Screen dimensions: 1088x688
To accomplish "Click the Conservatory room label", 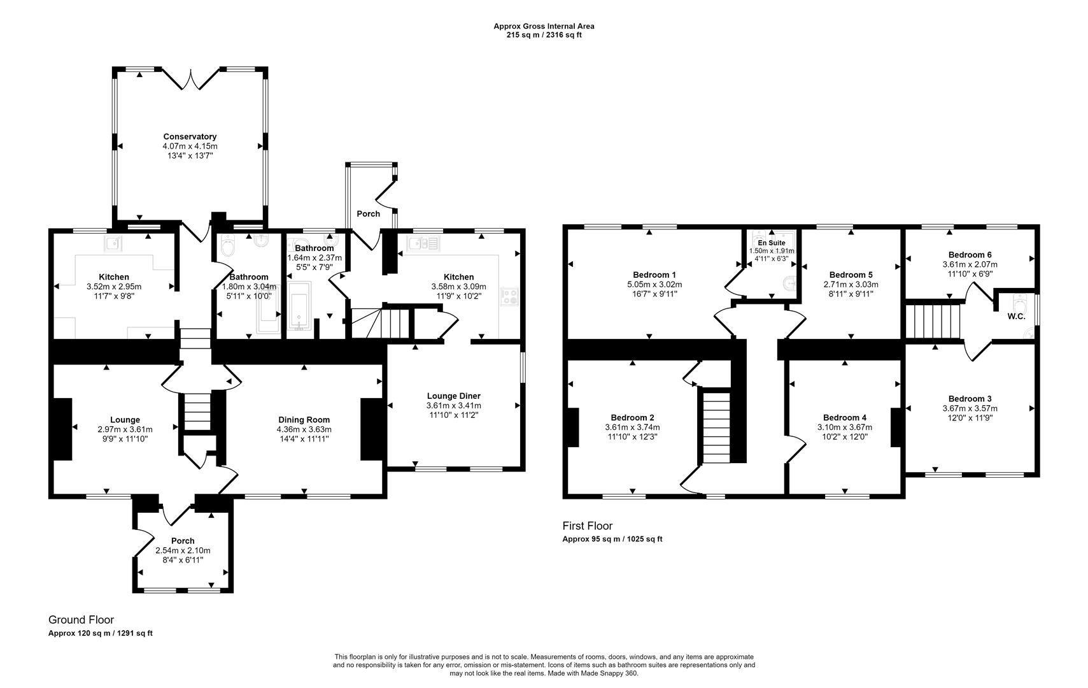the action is click(x=190, y=136).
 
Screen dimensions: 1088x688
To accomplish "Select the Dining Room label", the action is click(x=304, y=420).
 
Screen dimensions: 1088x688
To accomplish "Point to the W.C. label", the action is click(x=1016, y=317).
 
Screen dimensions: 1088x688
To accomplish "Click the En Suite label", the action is click(x=772, y=243).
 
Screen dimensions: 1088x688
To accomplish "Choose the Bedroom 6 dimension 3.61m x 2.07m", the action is click(x=970, y=265).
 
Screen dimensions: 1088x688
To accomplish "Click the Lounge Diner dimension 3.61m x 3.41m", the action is click(x=454, y=406).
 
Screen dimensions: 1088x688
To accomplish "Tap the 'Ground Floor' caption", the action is click(x=81, y=620).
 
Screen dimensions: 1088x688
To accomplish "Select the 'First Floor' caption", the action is click(x=587, y=526).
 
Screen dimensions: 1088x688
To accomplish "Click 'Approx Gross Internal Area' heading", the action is click(x=544, y=26).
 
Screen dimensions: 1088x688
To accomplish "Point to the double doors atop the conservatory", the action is click(x=190, y=79).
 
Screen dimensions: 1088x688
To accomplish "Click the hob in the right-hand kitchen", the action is click(x=509, y=297).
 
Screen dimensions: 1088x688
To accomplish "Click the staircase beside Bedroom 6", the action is click(x=933, y=321).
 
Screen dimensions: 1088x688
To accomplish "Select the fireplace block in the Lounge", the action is click(x=62, y=429).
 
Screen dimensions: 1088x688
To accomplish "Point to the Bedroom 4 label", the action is click(x=845, y=418).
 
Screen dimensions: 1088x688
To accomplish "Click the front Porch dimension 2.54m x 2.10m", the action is click(x=183, y=550).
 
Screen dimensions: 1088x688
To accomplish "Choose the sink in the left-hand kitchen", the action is click(x=114, y=244).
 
